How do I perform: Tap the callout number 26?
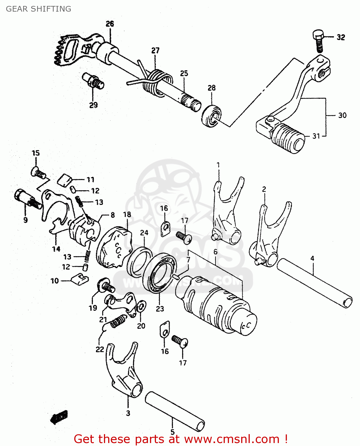pos(110,24)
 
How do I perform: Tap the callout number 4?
pos(312,258)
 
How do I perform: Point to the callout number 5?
pos(172,432)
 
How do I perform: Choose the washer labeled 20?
pos(141,306)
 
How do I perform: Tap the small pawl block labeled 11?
pos(65,180)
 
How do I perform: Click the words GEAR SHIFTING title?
pos(39,9)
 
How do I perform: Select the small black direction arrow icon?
pos(59,417)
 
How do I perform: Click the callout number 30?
pos(342,115)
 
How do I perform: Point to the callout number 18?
pos(127,214)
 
